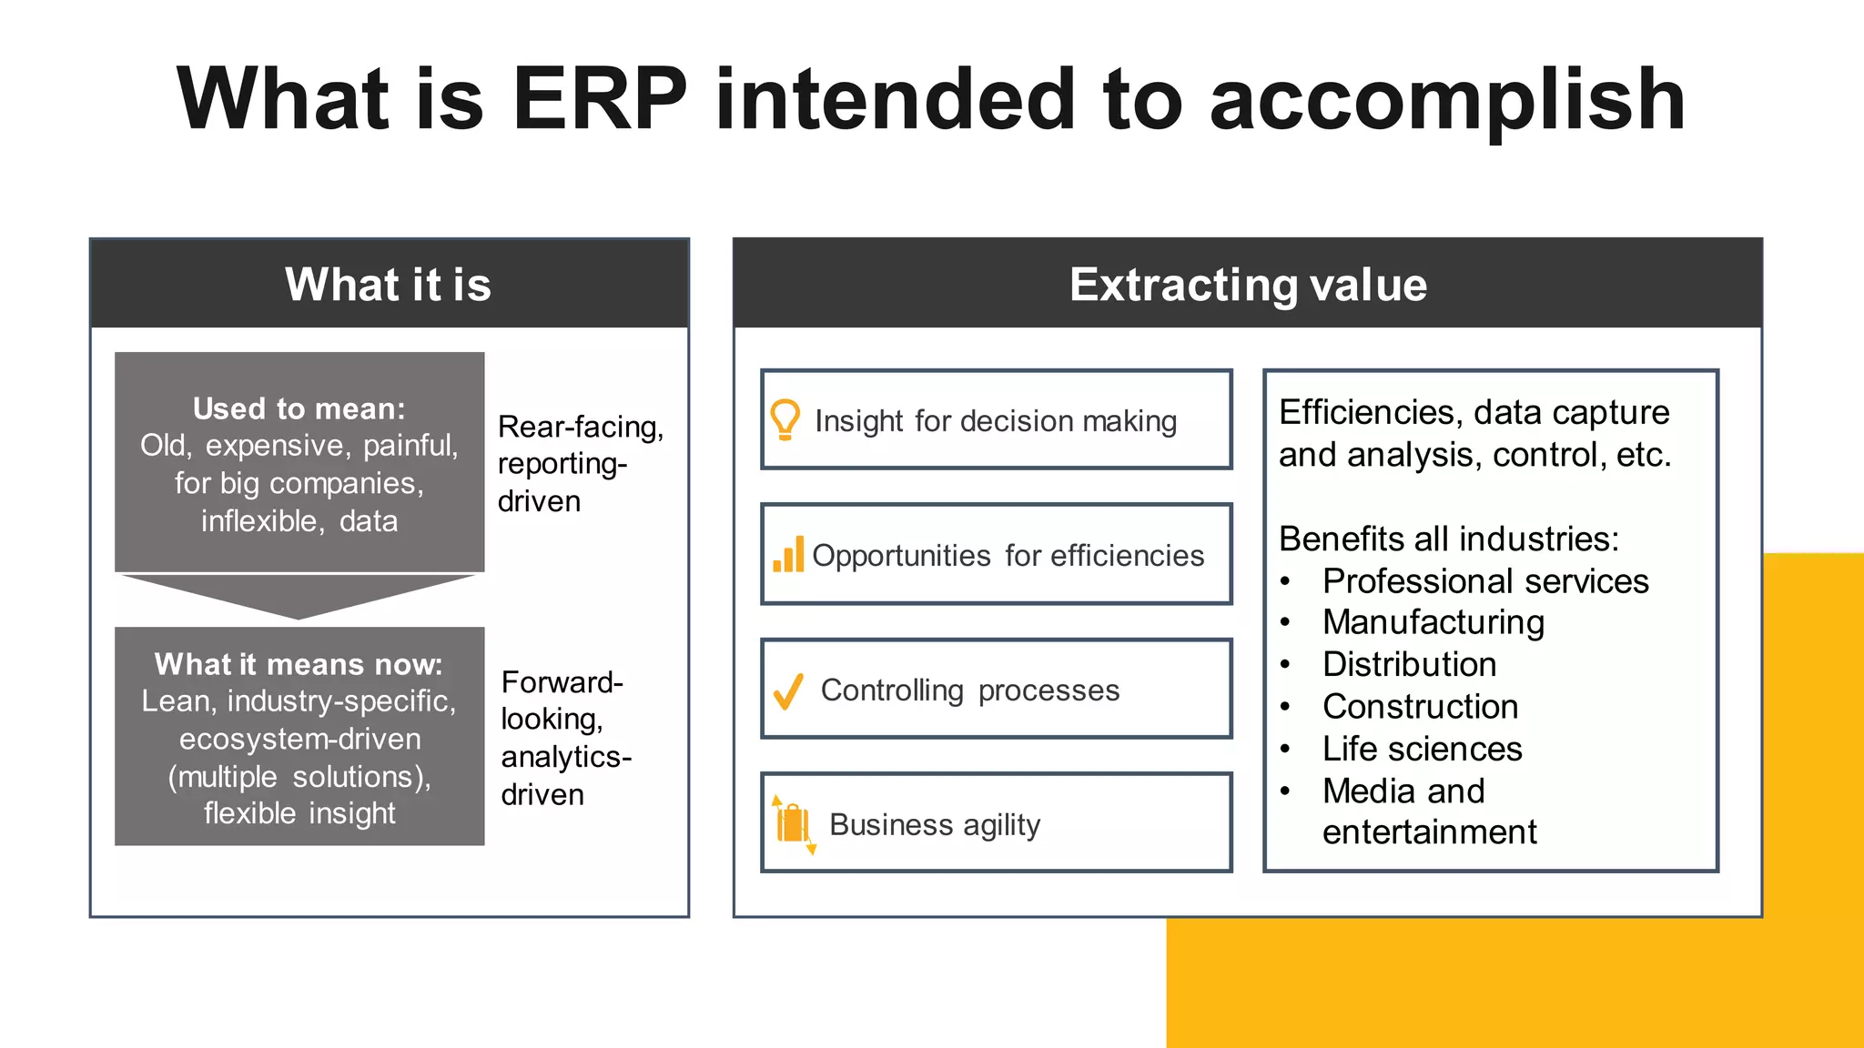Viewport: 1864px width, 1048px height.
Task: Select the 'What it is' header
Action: click(388, 284)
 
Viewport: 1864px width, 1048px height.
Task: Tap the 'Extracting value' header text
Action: click(1248, 284)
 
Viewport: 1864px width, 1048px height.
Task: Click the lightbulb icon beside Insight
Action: click(785, 419)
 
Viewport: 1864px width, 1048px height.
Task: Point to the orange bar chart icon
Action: click(788, 554)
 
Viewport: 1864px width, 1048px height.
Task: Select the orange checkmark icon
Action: click(788, 691)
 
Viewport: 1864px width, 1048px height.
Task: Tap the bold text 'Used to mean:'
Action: click(299, 408)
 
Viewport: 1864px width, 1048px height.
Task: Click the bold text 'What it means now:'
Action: click(299, 664)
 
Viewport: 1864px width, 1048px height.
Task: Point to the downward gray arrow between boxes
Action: click(299, 596)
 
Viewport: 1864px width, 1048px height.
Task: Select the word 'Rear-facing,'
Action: click(581, 427)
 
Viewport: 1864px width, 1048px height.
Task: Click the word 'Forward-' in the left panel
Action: click(562, 682)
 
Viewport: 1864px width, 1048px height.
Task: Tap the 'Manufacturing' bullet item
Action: click(1433, 622)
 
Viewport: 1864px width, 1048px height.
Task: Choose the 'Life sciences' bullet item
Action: click(1422, 749)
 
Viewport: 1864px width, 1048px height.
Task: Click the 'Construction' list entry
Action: click(1420, 707)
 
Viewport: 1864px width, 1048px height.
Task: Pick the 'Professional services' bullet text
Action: click(1485, 580)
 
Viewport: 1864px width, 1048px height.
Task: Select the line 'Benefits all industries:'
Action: click(1449, 539)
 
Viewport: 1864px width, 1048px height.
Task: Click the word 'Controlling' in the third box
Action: click(892, 690)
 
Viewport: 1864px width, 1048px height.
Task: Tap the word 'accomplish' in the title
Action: click(1447, 100)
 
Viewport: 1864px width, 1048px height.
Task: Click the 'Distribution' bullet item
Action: click(1409, 664)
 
